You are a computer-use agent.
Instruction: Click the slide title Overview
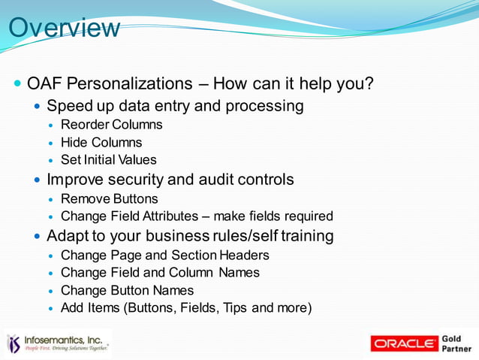[x=64, y=28]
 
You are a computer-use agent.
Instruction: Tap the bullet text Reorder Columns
[x=111, y=124]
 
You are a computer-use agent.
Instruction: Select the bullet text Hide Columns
[x=101, y=142]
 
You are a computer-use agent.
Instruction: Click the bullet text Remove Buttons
[x=109, y=199]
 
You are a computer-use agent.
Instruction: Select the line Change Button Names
[x=127, y=290]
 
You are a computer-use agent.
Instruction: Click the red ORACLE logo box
[x=404, y=343]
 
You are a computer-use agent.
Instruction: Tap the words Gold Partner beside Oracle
[x=457, y=343]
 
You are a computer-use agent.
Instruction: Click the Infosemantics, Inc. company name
[x=65, y=340]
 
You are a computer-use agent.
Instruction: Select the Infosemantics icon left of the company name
[x=14, y=343]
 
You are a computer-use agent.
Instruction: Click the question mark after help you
[x=369, y=83]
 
